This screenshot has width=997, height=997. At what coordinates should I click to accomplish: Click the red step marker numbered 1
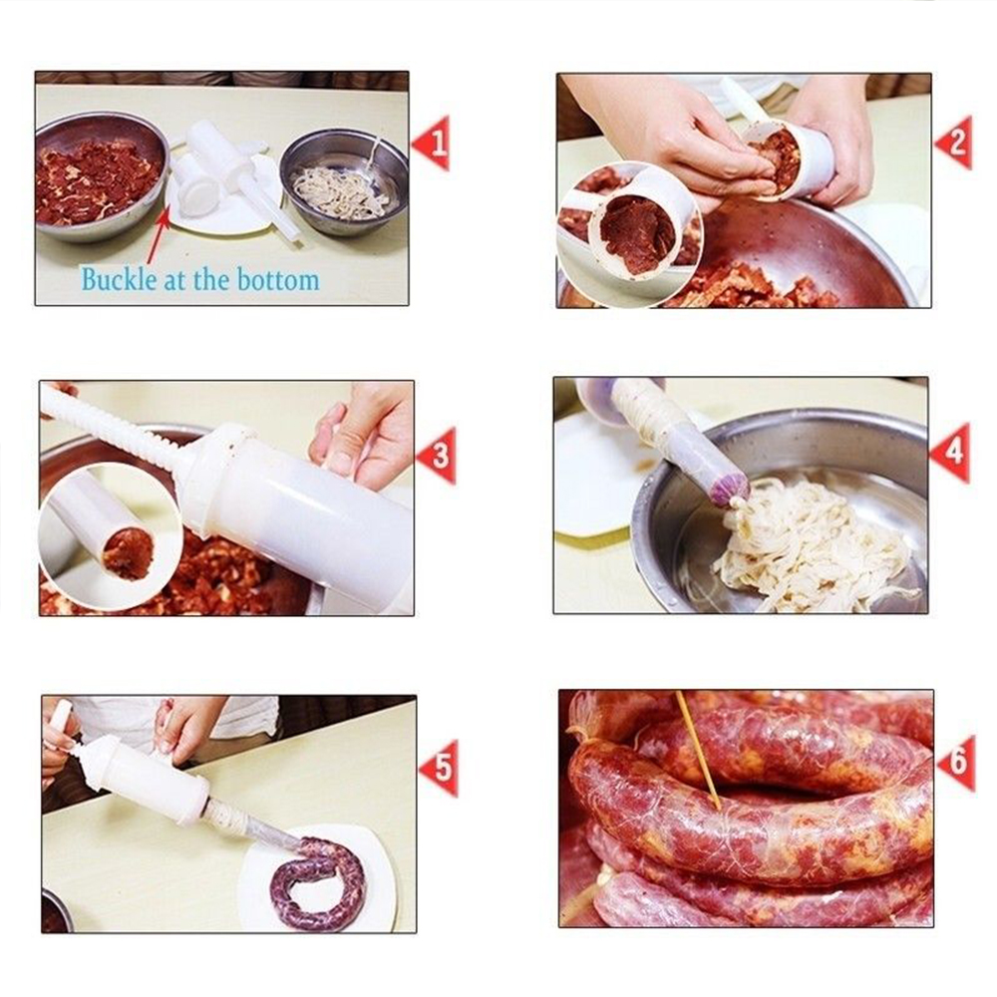click(x=433, y=144)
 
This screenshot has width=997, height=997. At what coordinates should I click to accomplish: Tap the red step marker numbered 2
click(x=954, y=144)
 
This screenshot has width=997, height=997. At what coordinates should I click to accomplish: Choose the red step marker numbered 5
click(x=440, y=768)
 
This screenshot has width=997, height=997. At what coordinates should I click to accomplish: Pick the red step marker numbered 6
click(x=956, y=764)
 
